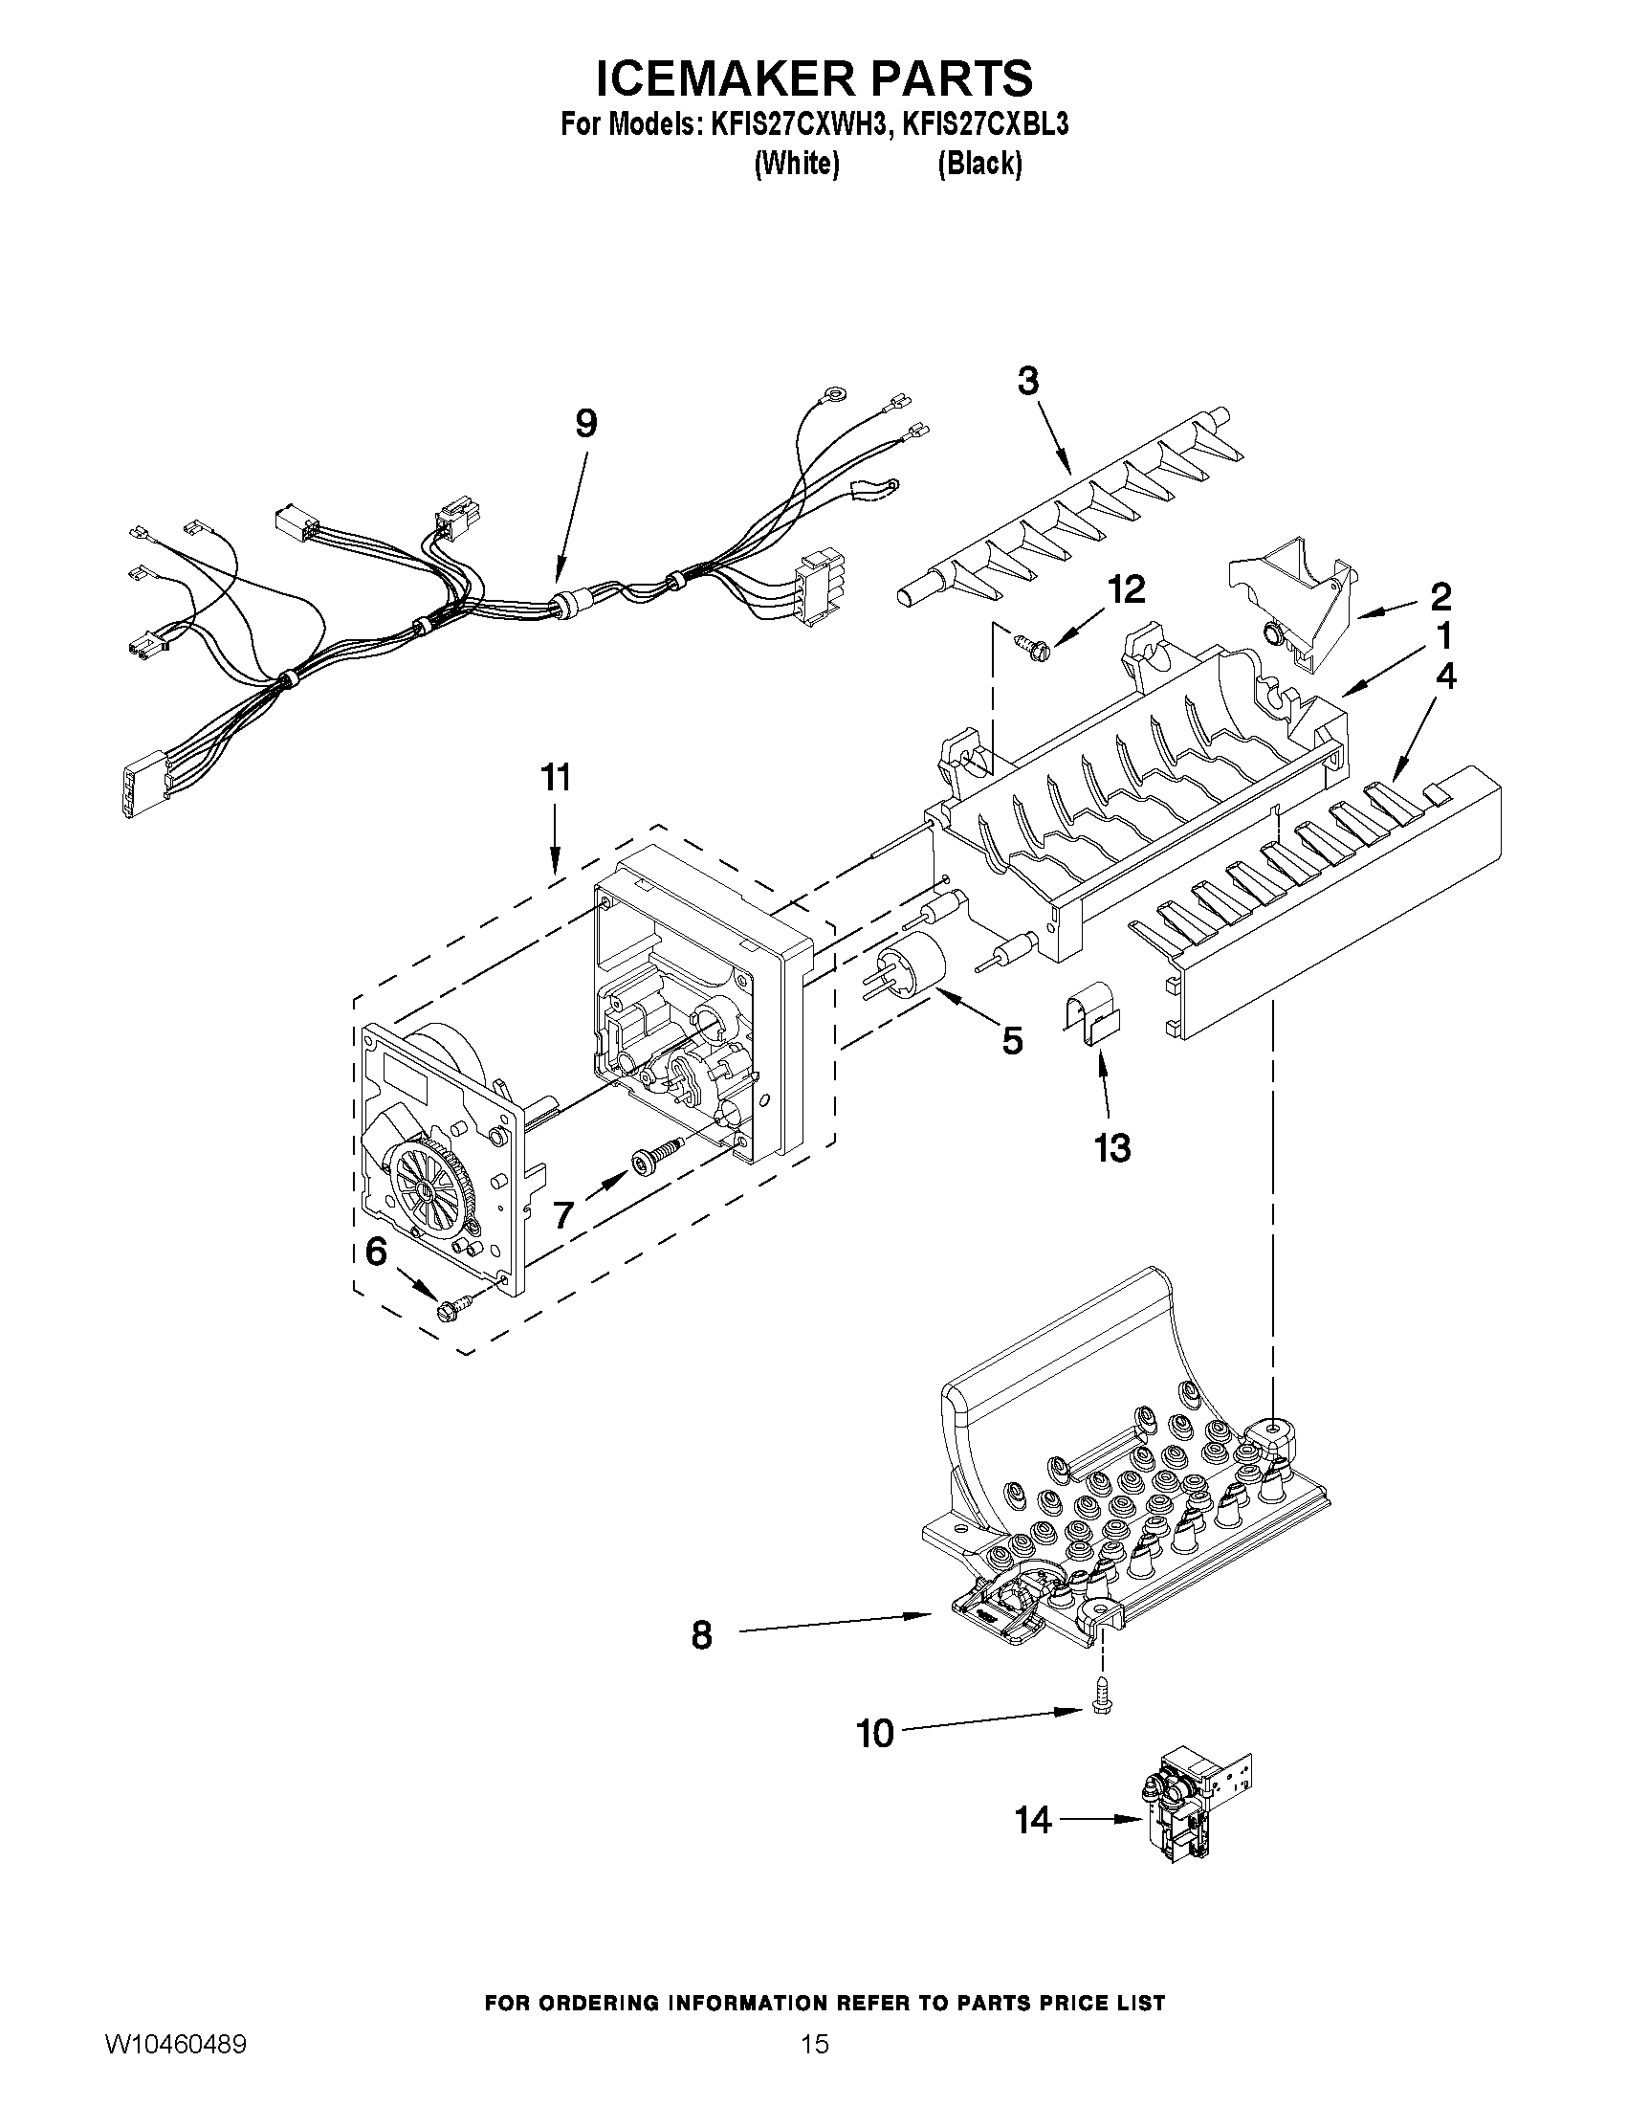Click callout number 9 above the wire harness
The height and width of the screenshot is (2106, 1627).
pyautogui.click(x=585, y=423)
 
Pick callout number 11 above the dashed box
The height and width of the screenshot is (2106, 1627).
pyautogui.click(x=556, y=777)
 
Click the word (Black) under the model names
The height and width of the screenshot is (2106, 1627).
pyautogui.click(x=979, y=164)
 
